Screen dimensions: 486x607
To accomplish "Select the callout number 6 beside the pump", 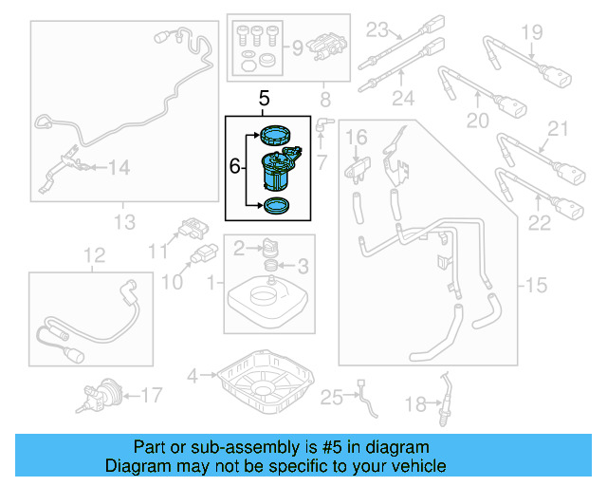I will click(234, 166).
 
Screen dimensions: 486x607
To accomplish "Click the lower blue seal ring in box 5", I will click(277, 205).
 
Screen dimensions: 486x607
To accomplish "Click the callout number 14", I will click(118, 168).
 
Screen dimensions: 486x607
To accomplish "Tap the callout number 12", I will click(93, 255).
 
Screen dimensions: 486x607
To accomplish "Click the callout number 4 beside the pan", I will click(193, 377).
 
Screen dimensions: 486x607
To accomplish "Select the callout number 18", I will click(416, 405).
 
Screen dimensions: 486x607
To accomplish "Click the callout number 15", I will click(536, 285).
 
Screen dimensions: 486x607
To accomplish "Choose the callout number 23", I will click(378, 28).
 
